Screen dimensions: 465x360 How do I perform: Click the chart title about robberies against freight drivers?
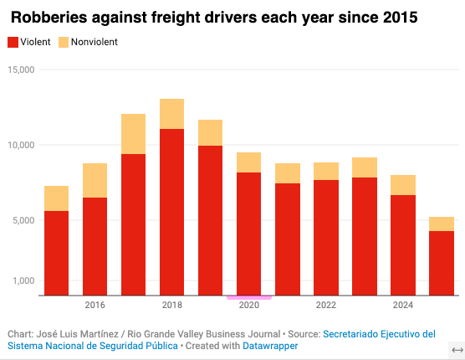(214, 18)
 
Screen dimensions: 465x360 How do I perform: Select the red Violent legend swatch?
(13, 42)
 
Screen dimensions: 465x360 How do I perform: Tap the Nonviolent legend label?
(95, 42)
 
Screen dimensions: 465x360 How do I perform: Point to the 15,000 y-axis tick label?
(21, 69)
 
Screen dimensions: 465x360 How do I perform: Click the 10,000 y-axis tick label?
(21, 145)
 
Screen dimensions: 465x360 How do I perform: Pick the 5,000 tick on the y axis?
(23, 220)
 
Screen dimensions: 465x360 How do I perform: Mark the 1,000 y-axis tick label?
(23, 280)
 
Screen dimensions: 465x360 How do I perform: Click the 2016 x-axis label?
(95, 305)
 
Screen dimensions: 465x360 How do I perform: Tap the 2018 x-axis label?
(172, 305)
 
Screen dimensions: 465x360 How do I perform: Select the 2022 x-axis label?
(326, 305)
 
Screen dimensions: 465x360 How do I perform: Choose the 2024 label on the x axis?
(403, 305)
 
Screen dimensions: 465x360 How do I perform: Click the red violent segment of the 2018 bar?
(171, 212)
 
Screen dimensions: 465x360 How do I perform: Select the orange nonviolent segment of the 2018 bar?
(171, 114)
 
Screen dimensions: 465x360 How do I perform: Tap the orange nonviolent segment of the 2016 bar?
(95, 181)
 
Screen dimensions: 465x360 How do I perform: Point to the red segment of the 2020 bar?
(249, 234)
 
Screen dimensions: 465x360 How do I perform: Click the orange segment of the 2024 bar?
(403, 185)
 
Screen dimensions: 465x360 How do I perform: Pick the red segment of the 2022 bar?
(326, 238)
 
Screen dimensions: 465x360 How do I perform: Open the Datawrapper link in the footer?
(270, 346)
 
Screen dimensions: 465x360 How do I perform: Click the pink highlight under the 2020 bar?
(249, 297)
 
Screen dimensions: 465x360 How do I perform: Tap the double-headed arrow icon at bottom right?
(457, 350)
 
